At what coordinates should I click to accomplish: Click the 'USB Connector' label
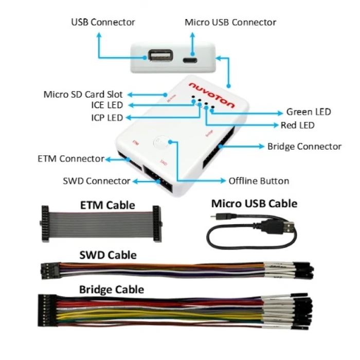tap(103, 22)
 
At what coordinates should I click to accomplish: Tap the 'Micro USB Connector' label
tap(230, 22)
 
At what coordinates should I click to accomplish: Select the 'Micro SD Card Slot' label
tap(83, 95)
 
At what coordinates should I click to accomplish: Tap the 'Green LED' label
tap(308, 112)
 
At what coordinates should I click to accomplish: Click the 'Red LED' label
tap(297, 125)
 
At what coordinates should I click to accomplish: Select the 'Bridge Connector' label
tap(304, 147)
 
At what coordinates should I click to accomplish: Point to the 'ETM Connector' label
tap(71, 159)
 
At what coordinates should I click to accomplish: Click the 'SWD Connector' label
tap(96, 181)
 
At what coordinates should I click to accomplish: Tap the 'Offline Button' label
tap(259, 181)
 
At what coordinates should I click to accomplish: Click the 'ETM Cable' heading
tap(107, 205)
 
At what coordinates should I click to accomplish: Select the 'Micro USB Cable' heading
tap(254, 204)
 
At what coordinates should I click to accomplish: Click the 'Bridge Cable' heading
tap(112, 289)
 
